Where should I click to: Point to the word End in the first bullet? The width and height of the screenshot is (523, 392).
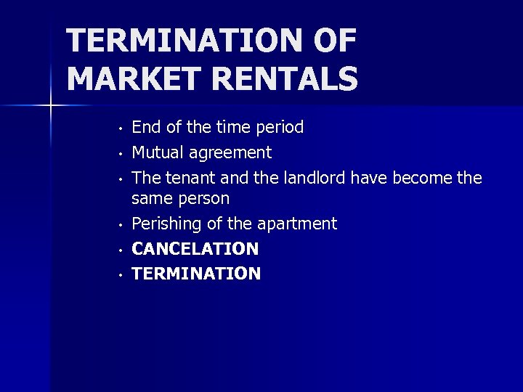coord(145,128)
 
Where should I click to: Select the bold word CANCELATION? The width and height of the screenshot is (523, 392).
coord(195,249)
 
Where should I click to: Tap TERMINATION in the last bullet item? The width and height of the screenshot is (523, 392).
coord(196,274)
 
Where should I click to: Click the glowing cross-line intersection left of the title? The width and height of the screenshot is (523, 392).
coord(52,106)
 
